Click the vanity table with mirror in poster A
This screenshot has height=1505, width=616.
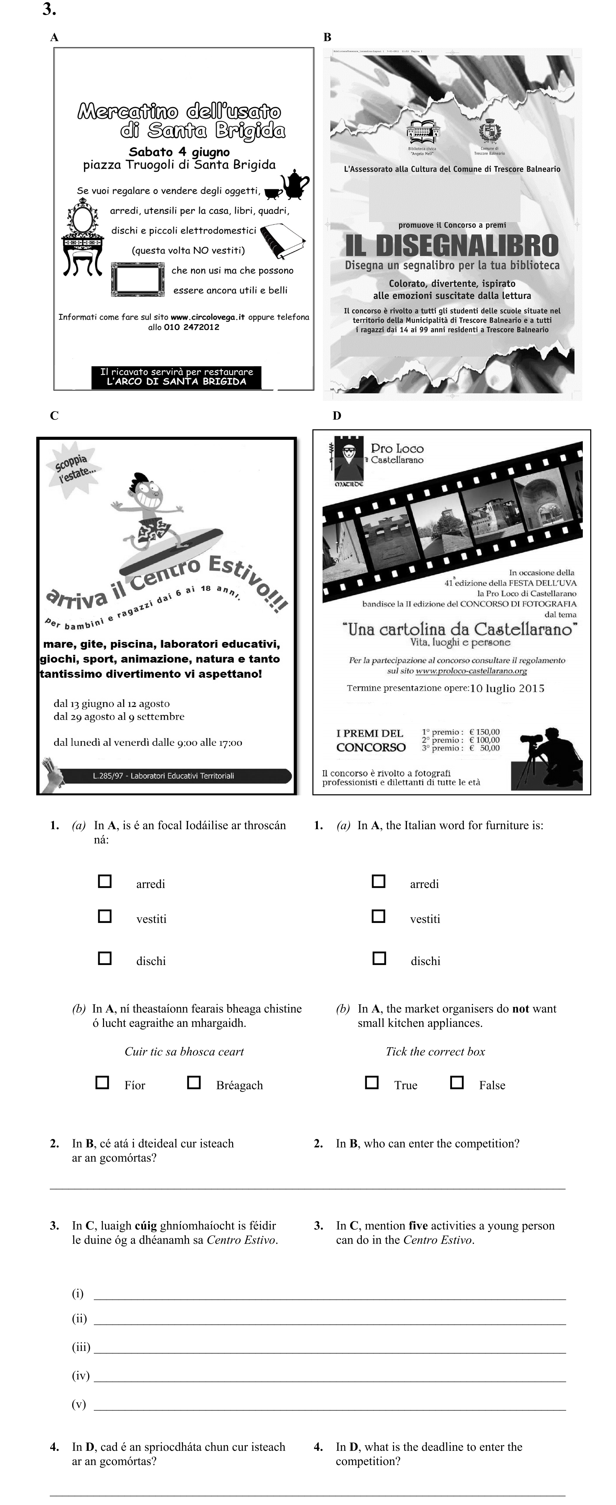[x=83, y=237]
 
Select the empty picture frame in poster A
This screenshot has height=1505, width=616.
[x=138, y=279]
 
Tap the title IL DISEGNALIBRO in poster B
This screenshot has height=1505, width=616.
[x=451, y=245]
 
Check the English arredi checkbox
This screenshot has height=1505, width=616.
[x=379, y=881]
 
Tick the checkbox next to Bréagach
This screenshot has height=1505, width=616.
[x=193, y=1082]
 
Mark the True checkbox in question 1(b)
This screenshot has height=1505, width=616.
[x=372, y=1082]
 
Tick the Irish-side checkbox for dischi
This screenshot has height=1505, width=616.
[x=105, y=958]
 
